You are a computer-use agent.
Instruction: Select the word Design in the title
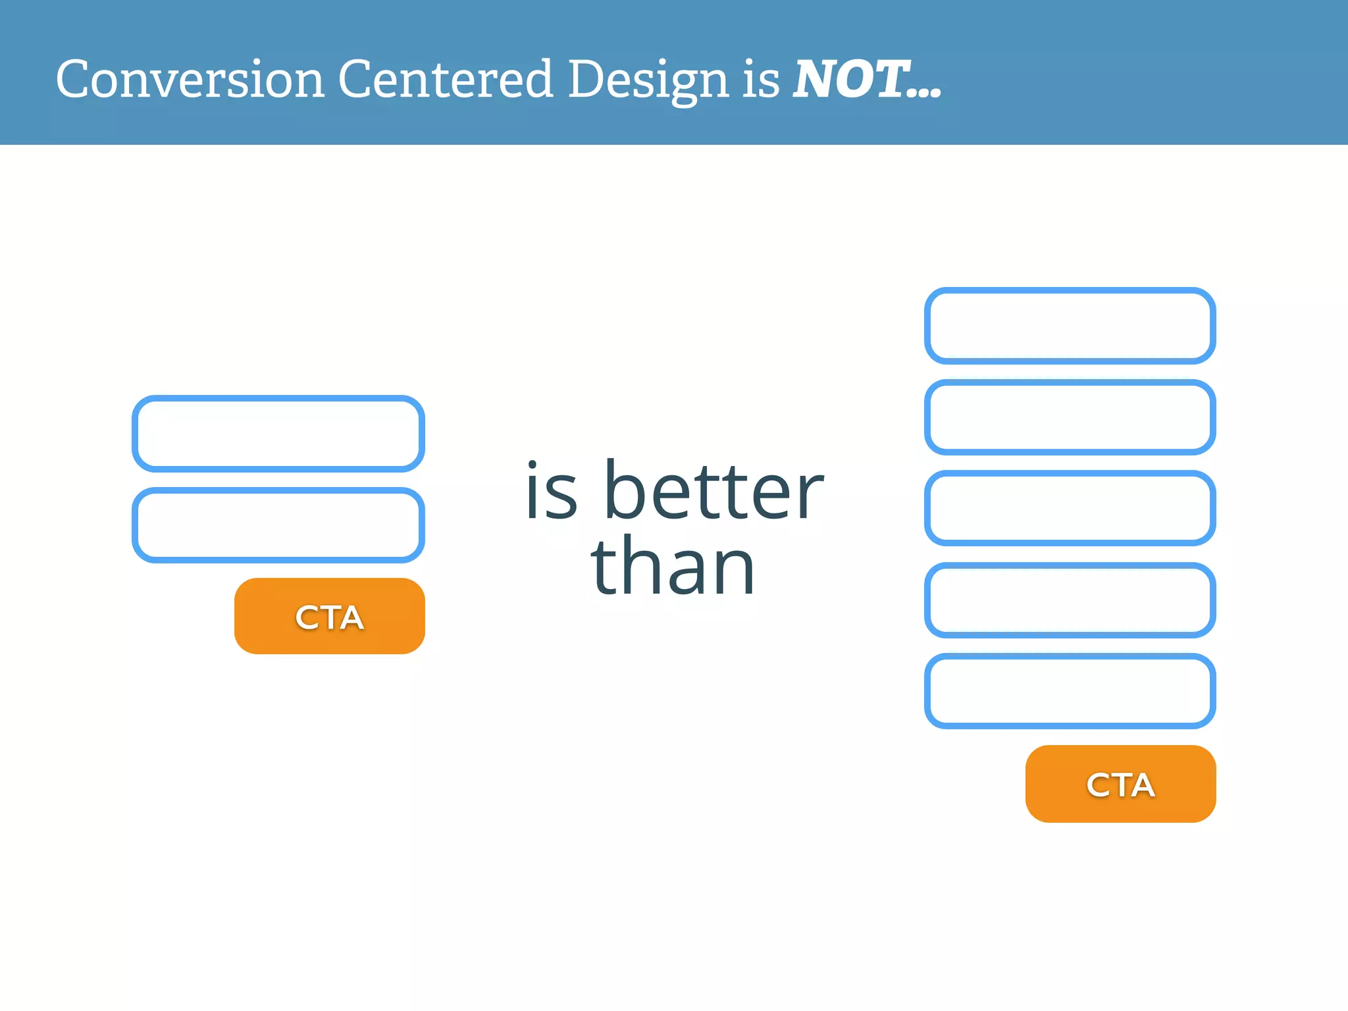coord(648,80)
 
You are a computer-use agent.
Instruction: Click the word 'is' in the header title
coord(761,80)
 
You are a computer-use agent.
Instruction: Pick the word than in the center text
coord(672,566)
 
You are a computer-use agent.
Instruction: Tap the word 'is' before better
coord(552,490)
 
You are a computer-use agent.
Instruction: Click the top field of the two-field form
coord(278,433)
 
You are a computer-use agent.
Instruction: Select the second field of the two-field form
coord(278,525)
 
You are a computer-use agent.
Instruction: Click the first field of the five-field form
coord(1070,325)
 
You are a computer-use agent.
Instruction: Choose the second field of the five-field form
coord(1070,417)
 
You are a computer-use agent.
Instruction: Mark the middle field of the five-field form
coord(1070,507)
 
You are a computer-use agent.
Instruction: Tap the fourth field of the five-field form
coord(1070,600)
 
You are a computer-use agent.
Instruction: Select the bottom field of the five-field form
coord(1070,690)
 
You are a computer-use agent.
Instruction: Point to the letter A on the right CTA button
coord(1141,785)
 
